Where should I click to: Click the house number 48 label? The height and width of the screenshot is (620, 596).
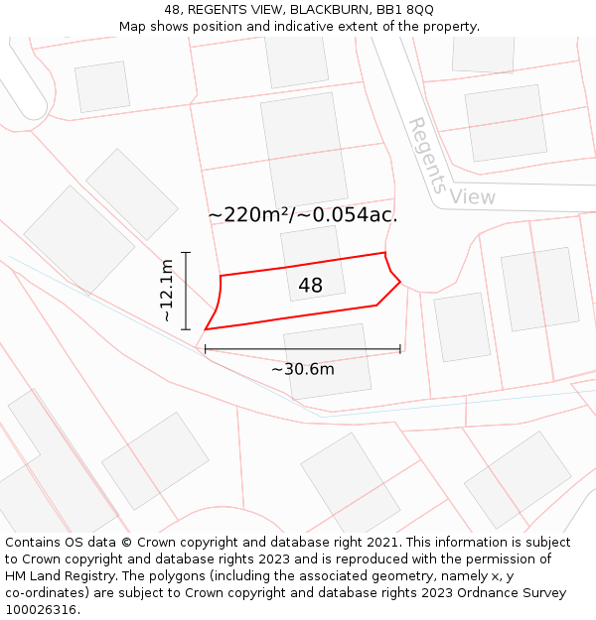coord(310,286)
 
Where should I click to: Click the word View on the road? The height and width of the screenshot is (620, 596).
coord(472,196)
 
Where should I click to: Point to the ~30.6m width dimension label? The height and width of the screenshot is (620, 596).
coord(303,369)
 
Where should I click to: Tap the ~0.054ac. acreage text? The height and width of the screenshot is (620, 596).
coord(351,214)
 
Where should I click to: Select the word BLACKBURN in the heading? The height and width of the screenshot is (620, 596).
coord(324,9)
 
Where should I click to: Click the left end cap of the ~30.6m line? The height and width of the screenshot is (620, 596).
coord(206,349)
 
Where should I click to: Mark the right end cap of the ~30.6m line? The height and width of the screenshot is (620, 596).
coord(400,349)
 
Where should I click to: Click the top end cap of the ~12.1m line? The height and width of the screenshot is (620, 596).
coord(186,253)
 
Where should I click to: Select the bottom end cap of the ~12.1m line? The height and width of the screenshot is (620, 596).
coord(186,329)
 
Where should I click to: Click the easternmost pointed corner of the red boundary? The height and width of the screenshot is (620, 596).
coord(400,282)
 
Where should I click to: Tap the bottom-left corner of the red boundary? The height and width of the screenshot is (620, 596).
coord(206,329)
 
